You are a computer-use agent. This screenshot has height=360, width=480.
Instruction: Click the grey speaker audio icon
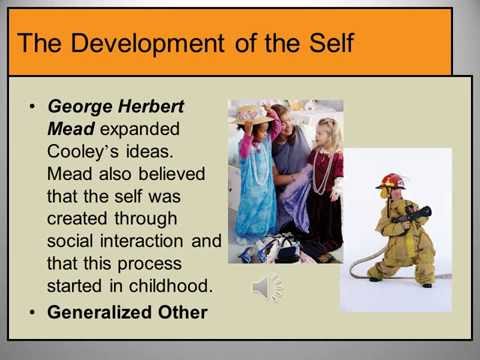pos(266,289)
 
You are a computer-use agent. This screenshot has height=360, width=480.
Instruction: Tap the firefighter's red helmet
pos(390,181)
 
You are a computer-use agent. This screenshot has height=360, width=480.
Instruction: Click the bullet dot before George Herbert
pos(36,105)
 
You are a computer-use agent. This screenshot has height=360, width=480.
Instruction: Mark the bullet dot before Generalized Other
pos(36,312)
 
